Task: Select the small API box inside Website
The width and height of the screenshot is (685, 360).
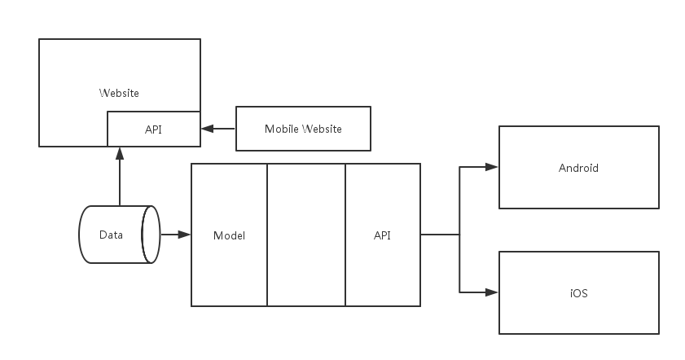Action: click(x=153, y=130)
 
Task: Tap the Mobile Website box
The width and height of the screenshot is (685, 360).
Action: click(x=303, y=129)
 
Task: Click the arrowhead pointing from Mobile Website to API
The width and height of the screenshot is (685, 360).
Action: click(x=207, y=129)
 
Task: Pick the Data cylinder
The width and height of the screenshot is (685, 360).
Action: click(x=114, y=235)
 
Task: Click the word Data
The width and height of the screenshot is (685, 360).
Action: click(x=111, y=235)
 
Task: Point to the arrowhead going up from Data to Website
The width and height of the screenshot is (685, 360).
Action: click(x=119, y=153)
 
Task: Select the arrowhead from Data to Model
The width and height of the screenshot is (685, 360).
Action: click(x=184, y=235)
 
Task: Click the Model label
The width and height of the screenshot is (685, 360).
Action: click(x=229, y=235)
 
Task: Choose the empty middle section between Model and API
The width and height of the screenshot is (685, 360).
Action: click(x=306, y=235)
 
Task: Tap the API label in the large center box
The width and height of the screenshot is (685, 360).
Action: click(x=382, y=235)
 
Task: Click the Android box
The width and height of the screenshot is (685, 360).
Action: click(x=578, y=168)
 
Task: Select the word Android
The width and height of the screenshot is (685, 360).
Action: click(x=578, y=169)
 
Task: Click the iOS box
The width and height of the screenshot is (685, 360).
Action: click(x=578, y=292)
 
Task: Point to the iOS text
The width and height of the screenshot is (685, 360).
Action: click(x=578, y=293)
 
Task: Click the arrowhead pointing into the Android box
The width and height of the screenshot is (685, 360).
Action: click(x=491, y=167)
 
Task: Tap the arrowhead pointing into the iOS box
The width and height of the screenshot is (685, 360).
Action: click(x=491, y=292)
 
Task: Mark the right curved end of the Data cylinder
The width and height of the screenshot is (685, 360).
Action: click(x=151, y=235)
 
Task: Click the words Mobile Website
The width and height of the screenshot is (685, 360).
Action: click(x=303, y=130)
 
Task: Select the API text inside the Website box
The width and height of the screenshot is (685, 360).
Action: click(x=153, y=130)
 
